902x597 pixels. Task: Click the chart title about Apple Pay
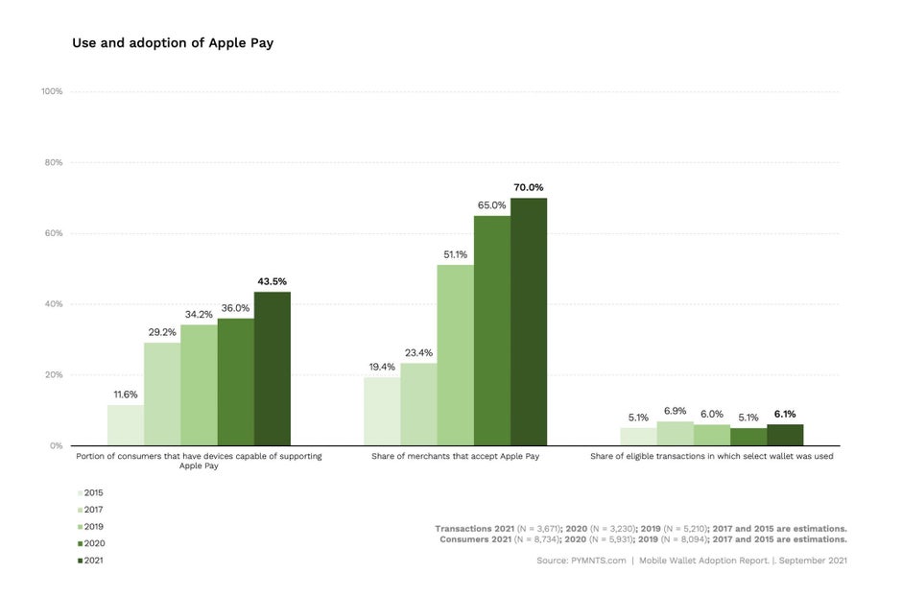(173, 43)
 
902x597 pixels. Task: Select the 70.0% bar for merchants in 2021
(528, 322)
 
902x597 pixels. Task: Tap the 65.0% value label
(491, 205)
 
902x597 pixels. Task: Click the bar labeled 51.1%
(455, 355)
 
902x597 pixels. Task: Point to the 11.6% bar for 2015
(125, 425)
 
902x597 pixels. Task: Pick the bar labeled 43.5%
(272, 369)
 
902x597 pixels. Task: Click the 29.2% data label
(162, 332)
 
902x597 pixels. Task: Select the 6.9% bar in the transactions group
(675, 434)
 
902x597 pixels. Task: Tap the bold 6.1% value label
(785, 415)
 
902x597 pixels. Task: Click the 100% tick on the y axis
(52, 91)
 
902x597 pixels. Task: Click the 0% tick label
(56, 445)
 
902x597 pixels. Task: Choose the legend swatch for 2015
(80, 492)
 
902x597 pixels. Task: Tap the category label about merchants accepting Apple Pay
(455, 456)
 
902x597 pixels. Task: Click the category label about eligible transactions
(711, 456)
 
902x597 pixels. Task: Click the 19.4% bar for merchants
(382, 411)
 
